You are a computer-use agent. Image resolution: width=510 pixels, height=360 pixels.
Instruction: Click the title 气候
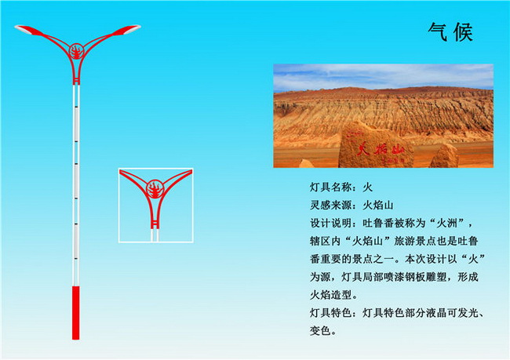click(x=450, y=32)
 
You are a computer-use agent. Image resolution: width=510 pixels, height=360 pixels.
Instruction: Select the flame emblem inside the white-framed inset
click(x=155, y=190)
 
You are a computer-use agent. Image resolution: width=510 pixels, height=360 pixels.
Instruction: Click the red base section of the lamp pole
click(x=75, y=313)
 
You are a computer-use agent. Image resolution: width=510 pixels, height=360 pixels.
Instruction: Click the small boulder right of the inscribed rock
click(x=444, y=156)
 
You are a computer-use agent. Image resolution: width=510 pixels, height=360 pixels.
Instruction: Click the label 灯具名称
click(x=330, y=187)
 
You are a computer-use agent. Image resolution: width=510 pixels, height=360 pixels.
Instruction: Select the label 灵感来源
click(x=330, y=205)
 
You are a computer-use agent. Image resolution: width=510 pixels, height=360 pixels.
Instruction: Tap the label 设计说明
click(x=330, y=223)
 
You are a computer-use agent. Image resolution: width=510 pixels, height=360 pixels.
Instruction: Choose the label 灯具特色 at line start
click(x=330, y=313)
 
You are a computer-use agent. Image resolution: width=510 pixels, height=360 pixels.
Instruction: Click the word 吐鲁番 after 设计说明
click(x=378, y=223)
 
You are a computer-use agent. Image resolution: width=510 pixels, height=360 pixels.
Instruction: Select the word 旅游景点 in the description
click(x=415, y=241)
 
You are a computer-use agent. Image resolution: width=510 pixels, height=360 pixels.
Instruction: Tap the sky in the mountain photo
click(x=383, y=75)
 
